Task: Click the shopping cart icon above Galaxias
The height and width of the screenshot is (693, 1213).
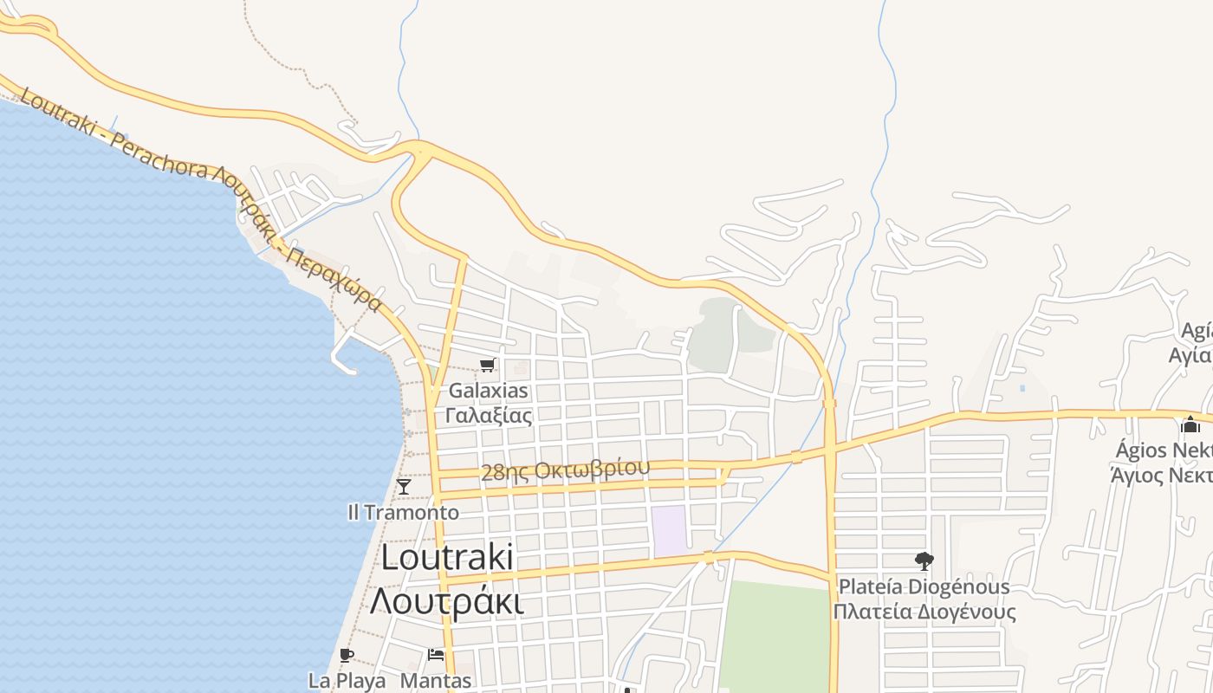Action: pyautogui.click(x=488, y=366)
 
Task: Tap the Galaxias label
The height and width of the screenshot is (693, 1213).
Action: pyautogui.click(x=488, y=391)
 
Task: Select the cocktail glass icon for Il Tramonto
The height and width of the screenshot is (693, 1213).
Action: pyautogui.click(x=404, y=487)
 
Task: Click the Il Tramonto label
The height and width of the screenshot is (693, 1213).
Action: pyautogui.click(x=403, y=512)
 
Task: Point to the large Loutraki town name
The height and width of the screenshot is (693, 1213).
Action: pyautogui.click(x=447, y=558)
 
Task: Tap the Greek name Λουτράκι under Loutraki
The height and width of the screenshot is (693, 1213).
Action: pyautogui.click(x=447, y=600)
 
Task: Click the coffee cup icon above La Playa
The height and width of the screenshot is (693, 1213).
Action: pyautogui.click(x=347, y=655)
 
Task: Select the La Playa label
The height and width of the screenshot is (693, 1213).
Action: pyautogui.click(x=347, y=681)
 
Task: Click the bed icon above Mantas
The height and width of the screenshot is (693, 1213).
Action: pyautogui.click(x=436, y=655)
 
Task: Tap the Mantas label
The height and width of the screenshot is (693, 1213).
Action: pyautogui.click(x=436, y=681)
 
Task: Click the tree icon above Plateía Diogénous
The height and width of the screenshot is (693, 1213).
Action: pyautogui.click(x=924, y=561)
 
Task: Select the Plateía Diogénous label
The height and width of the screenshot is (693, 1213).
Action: pyautogui.click(x=924, y=586)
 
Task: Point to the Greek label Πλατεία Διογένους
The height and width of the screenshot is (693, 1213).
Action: pyautogui.click(x=924, y=612)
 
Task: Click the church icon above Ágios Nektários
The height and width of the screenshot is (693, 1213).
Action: pyautogui.click(x=1190, y=425)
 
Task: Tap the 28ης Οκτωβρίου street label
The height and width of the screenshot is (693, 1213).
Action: pyautogui.click(x=565, y=470)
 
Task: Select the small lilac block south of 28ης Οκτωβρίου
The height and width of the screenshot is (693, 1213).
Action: pyautogui.click(x=668, y=531)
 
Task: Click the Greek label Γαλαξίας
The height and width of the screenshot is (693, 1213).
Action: pyautogui.click(x=488, y=415)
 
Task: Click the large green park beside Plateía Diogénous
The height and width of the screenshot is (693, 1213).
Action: pyautogui.click(x=774, y=637)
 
